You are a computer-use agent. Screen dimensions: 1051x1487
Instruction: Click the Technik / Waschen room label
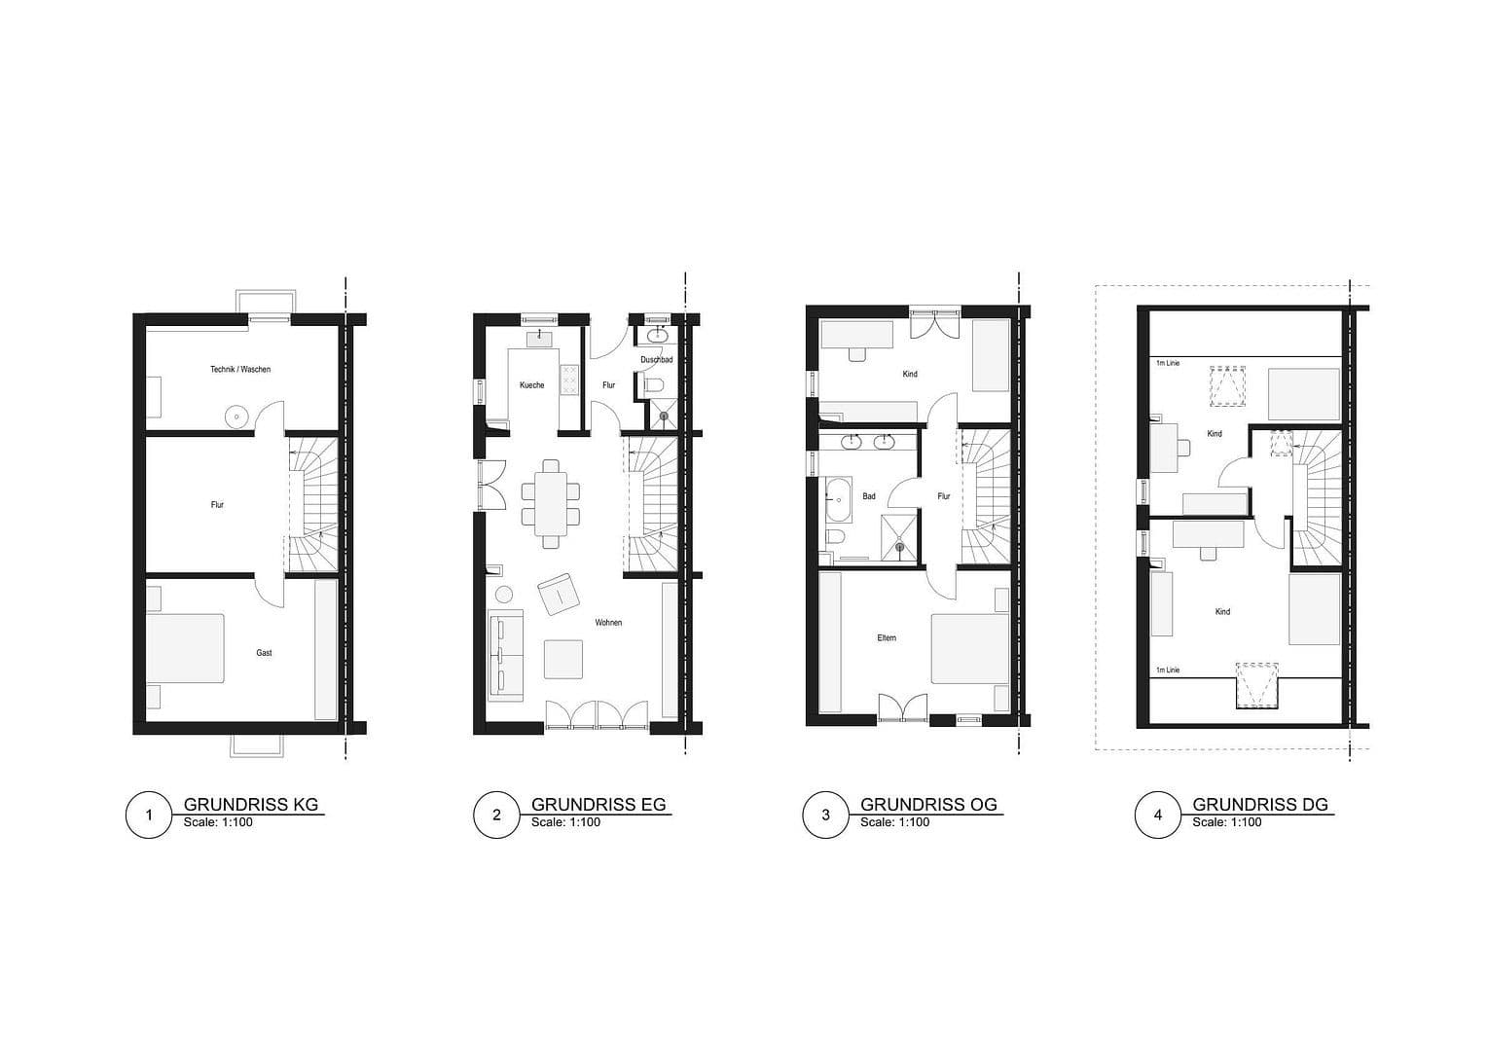[x=240, y=370]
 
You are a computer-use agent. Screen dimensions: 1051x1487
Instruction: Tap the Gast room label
[x=264, y=653]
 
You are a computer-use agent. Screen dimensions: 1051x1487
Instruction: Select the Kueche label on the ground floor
[x=531, y=385]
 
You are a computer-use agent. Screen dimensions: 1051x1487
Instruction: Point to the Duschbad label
[x=656, y=360]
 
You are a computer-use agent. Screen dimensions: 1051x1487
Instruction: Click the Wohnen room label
[x=609, y=623]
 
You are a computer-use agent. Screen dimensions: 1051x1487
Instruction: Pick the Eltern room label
[x=887, y=638]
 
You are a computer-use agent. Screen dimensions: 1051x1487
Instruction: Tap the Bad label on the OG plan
[x=869, y=496]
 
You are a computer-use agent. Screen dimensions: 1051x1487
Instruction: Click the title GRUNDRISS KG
[x=251, y=805]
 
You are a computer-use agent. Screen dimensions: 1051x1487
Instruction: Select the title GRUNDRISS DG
[x=1259, y=805]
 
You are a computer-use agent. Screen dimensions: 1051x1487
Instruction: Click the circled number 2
[x=496, y=815]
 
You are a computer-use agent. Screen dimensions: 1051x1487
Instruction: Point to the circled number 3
[x=826, y=815]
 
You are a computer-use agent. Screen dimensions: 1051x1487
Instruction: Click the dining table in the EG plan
[x=551, y=502]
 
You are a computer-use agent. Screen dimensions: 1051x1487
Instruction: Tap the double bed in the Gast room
[x=185, y=650]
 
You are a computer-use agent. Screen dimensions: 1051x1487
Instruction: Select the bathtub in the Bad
[x=837, y=500]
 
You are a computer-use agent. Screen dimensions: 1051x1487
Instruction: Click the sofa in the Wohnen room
[x=505, y=655]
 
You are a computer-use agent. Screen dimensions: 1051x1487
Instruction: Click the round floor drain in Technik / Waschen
[x=236, y=417]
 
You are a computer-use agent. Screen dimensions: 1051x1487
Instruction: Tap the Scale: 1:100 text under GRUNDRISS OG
[x=894, y=822]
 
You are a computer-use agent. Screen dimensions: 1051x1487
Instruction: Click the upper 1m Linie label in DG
[x=1167, y=363]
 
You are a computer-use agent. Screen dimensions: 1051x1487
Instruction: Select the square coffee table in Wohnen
[x=563, y=659]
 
